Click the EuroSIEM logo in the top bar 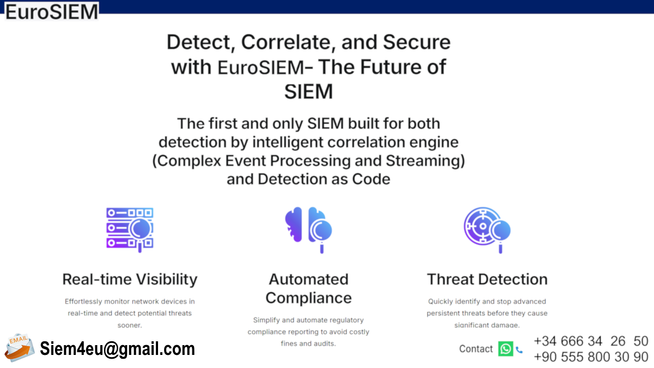[x=52, y=11]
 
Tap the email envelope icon [x=20, y=348]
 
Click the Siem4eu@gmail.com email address [x=117, y=348]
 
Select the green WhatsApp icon [x=505, y=349]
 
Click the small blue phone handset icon [x=519, y=349]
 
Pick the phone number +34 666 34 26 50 [x=591, y=341]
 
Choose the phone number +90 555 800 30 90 [x=591, y=357]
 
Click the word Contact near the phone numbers [x=476, y=349]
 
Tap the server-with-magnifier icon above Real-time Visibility [x=130, y=230]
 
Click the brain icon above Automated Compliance [x=308, y=230]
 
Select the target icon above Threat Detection [x=487, y=230]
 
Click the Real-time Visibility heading [x=130, y=279]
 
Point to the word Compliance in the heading [x=308, y=298]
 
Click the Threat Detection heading [x=487, y=279]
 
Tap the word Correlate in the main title [x=288, y=43]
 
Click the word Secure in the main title [x=416, y=42]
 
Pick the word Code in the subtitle [x=371, y=179]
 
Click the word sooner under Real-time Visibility [x=130, y=325]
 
